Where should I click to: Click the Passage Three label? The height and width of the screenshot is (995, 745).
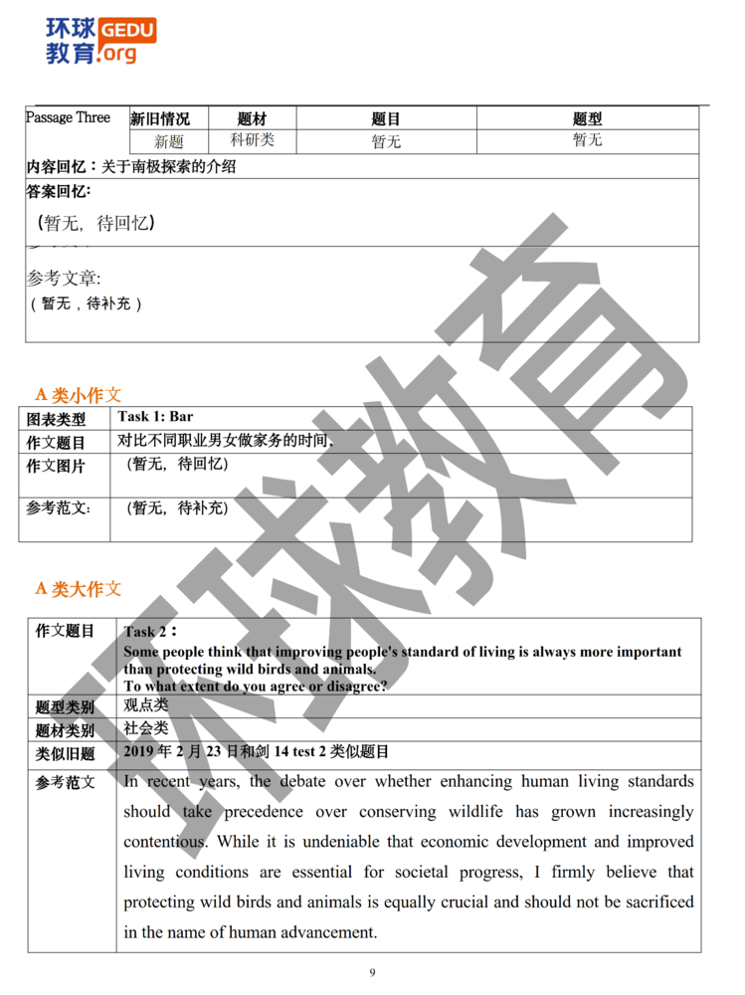point(68,117)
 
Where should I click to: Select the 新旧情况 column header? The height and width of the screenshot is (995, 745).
point(160,119)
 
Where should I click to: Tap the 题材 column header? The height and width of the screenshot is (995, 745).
point(252,119)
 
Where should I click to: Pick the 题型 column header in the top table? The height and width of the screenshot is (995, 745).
point(587,119)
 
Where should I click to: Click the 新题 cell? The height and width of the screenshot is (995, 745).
point(169,142)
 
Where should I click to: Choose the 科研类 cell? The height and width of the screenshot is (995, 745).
point(252,140)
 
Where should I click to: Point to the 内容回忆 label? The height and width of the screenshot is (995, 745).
point(62,166)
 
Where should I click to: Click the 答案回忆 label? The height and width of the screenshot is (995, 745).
point(58,191)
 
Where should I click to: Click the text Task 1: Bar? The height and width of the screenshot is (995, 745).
point(155,416)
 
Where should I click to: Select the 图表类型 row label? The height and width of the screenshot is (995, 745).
point(56,420)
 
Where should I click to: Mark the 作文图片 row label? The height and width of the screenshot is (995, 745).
point(56,466)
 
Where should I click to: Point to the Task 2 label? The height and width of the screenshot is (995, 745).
point(150,632)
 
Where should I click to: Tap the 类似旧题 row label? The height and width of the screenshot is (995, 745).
point(65,753)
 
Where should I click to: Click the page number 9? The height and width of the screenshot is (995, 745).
point(372,972)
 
